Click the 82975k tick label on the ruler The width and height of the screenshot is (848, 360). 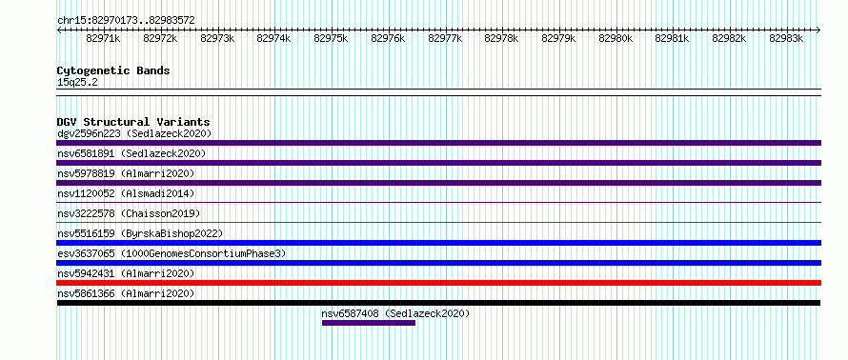click(x=331, y=38)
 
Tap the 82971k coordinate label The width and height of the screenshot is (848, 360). click(x=103, y=38)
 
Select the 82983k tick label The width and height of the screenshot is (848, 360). click(x=786, y=38)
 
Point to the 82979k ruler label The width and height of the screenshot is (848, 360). click(x=558, y=38)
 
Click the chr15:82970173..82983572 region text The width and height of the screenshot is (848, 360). click(x=126, y=21)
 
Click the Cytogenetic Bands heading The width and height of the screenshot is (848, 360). click(x=113, y=70)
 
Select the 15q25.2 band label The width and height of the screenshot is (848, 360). click(x=77, y=83)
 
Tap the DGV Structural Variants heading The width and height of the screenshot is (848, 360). click(x=133, y=122)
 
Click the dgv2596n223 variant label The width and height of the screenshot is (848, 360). click(x=89, y=133)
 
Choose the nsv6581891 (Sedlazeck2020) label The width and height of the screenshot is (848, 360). click(x=131, y=153)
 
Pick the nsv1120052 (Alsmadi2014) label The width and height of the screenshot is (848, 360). click(x=126, y=193)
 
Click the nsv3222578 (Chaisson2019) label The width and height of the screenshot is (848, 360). click(x=129, y=213)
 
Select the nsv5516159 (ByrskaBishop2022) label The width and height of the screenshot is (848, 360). click(x=140, y=233)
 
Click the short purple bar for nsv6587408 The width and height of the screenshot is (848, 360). click(x=369, y=323)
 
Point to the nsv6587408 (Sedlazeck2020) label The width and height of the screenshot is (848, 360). click(x=395, y=313)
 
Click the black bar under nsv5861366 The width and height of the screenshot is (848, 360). click(x=438, y=303)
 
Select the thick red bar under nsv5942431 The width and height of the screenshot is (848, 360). click(x=438, y=283)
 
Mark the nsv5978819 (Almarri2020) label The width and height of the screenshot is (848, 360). click(x=126, y=173)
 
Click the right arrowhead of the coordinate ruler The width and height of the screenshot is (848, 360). click(x=818, y=30)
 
